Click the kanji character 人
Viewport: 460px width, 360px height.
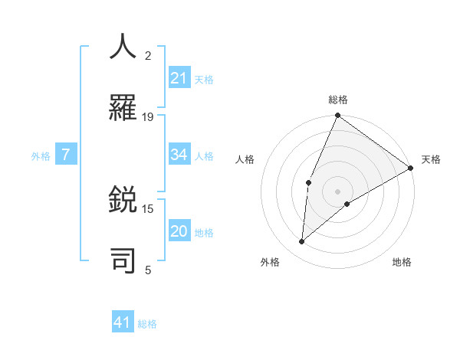click(x=123, y=46)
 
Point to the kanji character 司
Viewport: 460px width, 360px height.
click(x=123, y=260)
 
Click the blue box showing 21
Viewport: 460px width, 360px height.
click(x=179, y=78)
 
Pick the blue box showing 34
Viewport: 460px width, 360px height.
click(x=179, y=155)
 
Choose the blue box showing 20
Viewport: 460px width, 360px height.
click(x=179, y=231)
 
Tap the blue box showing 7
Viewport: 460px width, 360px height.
click(x=66, y=155)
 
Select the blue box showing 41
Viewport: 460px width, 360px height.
click(x=123, y=322)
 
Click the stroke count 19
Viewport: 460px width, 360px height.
click(x=148, y=117)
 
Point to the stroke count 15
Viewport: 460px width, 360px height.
click(x=148, y=208)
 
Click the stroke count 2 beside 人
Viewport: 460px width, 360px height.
click(x=148, y=56)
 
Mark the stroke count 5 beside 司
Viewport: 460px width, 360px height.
click(x=148, y=270)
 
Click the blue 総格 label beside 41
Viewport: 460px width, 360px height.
click(x=147, y=324)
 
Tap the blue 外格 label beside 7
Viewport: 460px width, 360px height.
click(x=41, y=156)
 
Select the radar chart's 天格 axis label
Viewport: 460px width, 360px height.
click(x=431, y=159)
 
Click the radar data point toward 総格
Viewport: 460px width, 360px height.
click(x=337, y=116)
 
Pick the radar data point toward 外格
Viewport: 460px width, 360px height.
click(x=302, y=242)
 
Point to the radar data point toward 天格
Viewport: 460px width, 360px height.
click(x=411, y=168)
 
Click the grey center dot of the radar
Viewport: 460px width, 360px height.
click(x=337, y=191)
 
